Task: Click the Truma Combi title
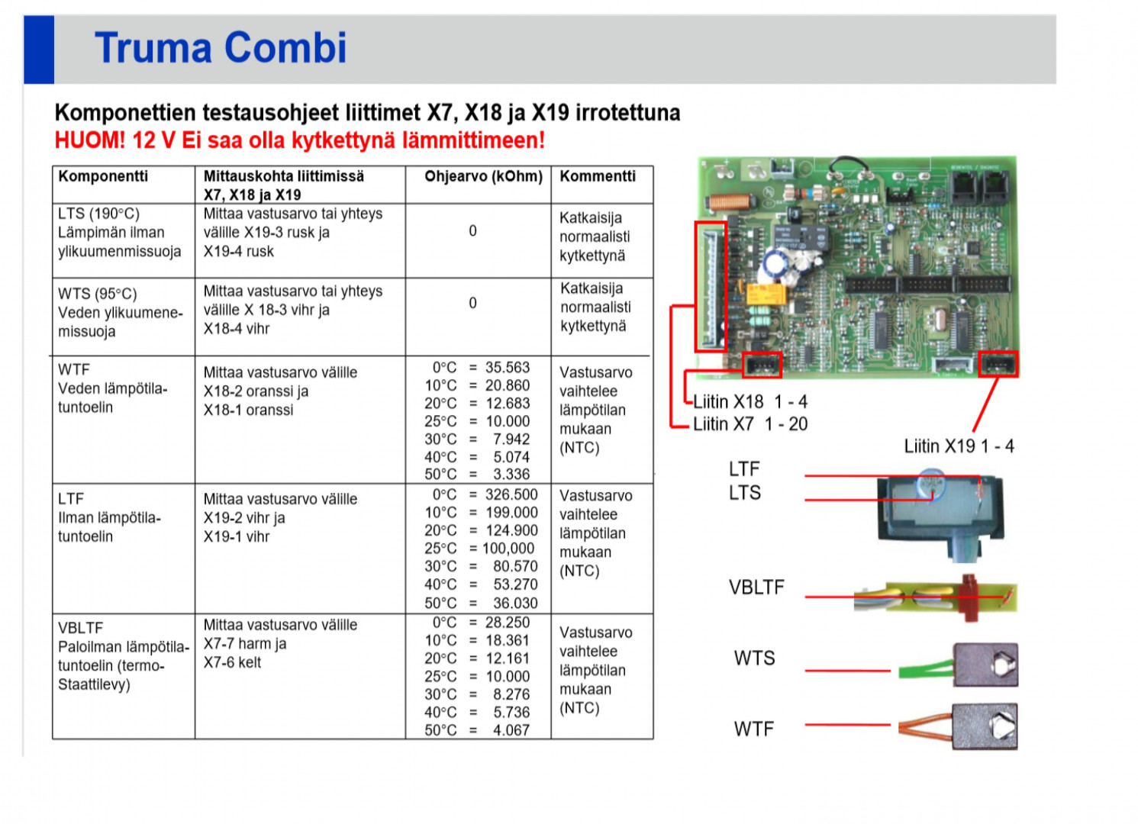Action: tap(220, 48)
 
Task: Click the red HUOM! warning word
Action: tap(89, 140)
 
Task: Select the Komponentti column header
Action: tap(103, 176)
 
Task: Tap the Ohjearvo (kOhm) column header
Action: tap(482, 176)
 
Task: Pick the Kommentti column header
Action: tap(597, 176)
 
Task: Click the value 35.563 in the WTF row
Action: tap(507, 368)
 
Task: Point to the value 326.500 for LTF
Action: tap(511, 495)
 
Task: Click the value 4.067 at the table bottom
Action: tap(511, 730)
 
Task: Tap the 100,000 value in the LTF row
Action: tap(508, 549)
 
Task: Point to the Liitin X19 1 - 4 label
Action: tap(959, 446)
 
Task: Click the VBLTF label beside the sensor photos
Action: tap(756, 587)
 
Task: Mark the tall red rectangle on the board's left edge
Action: tap(710, 286)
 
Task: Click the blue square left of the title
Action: tap(39, 49)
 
